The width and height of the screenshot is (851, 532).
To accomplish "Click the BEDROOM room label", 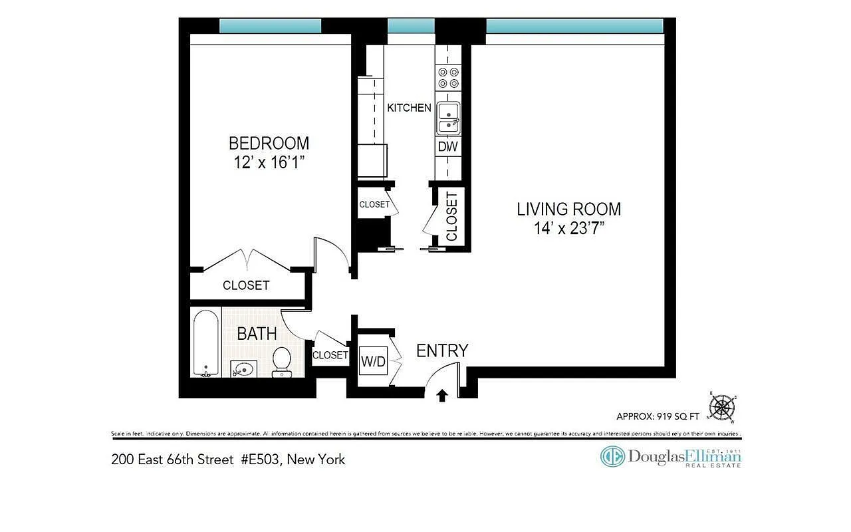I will click(269, 143).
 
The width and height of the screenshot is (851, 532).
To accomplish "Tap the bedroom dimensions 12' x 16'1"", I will click(269, 162).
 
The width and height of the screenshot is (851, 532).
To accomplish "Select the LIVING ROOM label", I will click(568, 209).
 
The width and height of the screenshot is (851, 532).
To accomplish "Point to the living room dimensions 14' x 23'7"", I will click(568, 228).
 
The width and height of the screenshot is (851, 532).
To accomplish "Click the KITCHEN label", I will click(409, 108).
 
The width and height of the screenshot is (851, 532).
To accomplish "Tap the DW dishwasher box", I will click(448, 147).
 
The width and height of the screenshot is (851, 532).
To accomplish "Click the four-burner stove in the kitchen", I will click(448, 78).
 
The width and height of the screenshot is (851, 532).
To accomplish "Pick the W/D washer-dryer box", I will click(373, 362).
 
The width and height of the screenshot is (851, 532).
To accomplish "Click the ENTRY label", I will click(442, 350).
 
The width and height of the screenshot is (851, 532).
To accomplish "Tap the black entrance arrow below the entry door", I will click(442, 396).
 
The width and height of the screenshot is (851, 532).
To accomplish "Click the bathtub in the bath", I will click(205, 343).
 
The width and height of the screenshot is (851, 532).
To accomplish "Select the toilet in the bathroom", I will click(282, 361).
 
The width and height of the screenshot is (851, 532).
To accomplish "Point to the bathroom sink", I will click(244, 368).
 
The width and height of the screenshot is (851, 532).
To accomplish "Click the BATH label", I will click(257, 333).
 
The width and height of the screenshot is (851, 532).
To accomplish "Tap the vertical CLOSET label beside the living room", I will click(451, 217).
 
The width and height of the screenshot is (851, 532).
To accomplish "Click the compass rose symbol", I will click(722, 408).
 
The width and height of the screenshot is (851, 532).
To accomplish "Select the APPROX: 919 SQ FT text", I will click(658, 417).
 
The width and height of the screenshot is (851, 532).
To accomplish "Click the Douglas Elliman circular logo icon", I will click(612, 456).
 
